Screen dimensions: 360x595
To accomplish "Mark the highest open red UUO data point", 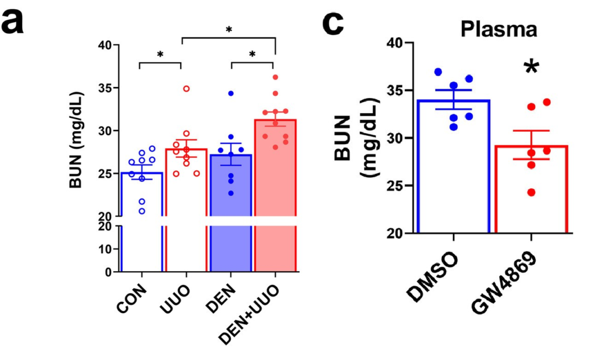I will (187, 88).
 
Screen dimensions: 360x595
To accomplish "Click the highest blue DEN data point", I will (231, 93).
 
